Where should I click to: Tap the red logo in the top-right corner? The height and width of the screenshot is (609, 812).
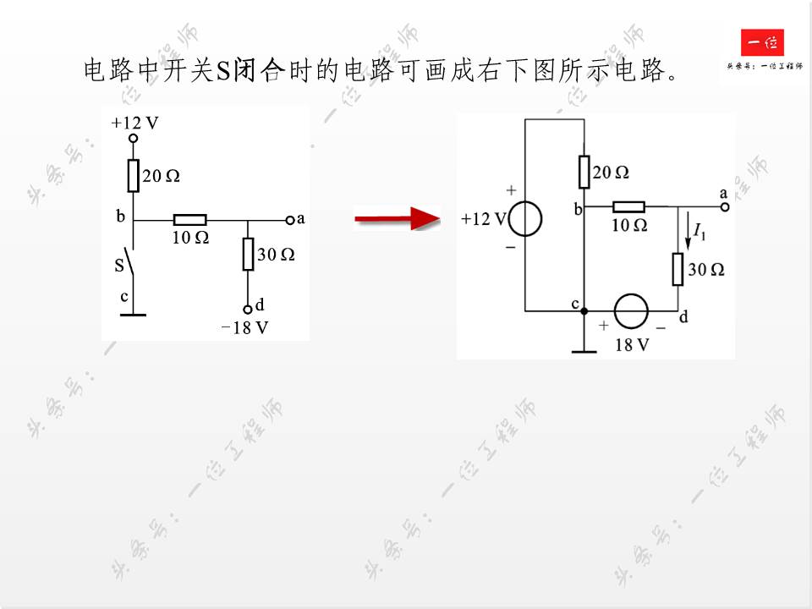pos(762,43)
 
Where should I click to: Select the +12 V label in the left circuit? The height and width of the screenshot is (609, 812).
pos(134,123)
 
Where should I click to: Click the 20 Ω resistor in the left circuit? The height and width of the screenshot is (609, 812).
pos(133,176)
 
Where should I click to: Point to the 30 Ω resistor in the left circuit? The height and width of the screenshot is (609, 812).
pos(248,254)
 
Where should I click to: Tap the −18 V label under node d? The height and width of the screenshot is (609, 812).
pos(244,328)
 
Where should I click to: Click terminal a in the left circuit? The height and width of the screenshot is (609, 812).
pos(290,220)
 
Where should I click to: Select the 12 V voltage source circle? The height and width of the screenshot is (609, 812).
pos(525,218)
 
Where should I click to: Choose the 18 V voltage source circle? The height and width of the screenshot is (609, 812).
pos(631,311)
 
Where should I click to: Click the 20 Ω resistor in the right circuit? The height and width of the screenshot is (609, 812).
pos(584,172)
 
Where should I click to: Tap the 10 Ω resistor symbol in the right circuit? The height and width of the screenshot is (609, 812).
pos(628,206)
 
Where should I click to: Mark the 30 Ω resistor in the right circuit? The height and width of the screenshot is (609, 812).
pos(678,269)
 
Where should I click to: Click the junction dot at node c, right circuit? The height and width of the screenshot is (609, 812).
pos(584,311)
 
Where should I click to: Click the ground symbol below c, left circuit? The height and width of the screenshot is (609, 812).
pos(133,315)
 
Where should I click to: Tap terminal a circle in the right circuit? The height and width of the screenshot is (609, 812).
pos(724,206)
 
